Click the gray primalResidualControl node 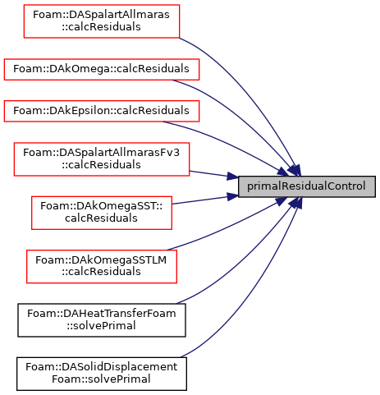click(x=307, y=186)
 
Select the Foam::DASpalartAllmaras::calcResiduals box click(x=102, y=21)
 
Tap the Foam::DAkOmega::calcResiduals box click(x=102, y=69)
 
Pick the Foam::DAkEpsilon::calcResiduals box click(x=102, y=111)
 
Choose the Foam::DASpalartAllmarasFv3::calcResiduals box click(x=102, y=159)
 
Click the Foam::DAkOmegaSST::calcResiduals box click(x=102, y=213)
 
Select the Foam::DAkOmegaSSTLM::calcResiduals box click(x=102, y=266)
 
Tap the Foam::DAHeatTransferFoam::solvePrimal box click(x=102, y=320)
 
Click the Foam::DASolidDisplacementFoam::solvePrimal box click(x=102, y=374)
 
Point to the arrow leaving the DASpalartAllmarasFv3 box click(x=213, y=174)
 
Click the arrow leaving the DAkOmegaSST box click(x=205, y=200)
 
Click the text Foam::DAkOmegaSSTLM click(x=101, y=260)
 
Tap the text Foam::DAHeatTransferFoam click(x=102, y=314)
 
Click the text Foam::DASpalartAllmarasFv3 click(x=101, y=153)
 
